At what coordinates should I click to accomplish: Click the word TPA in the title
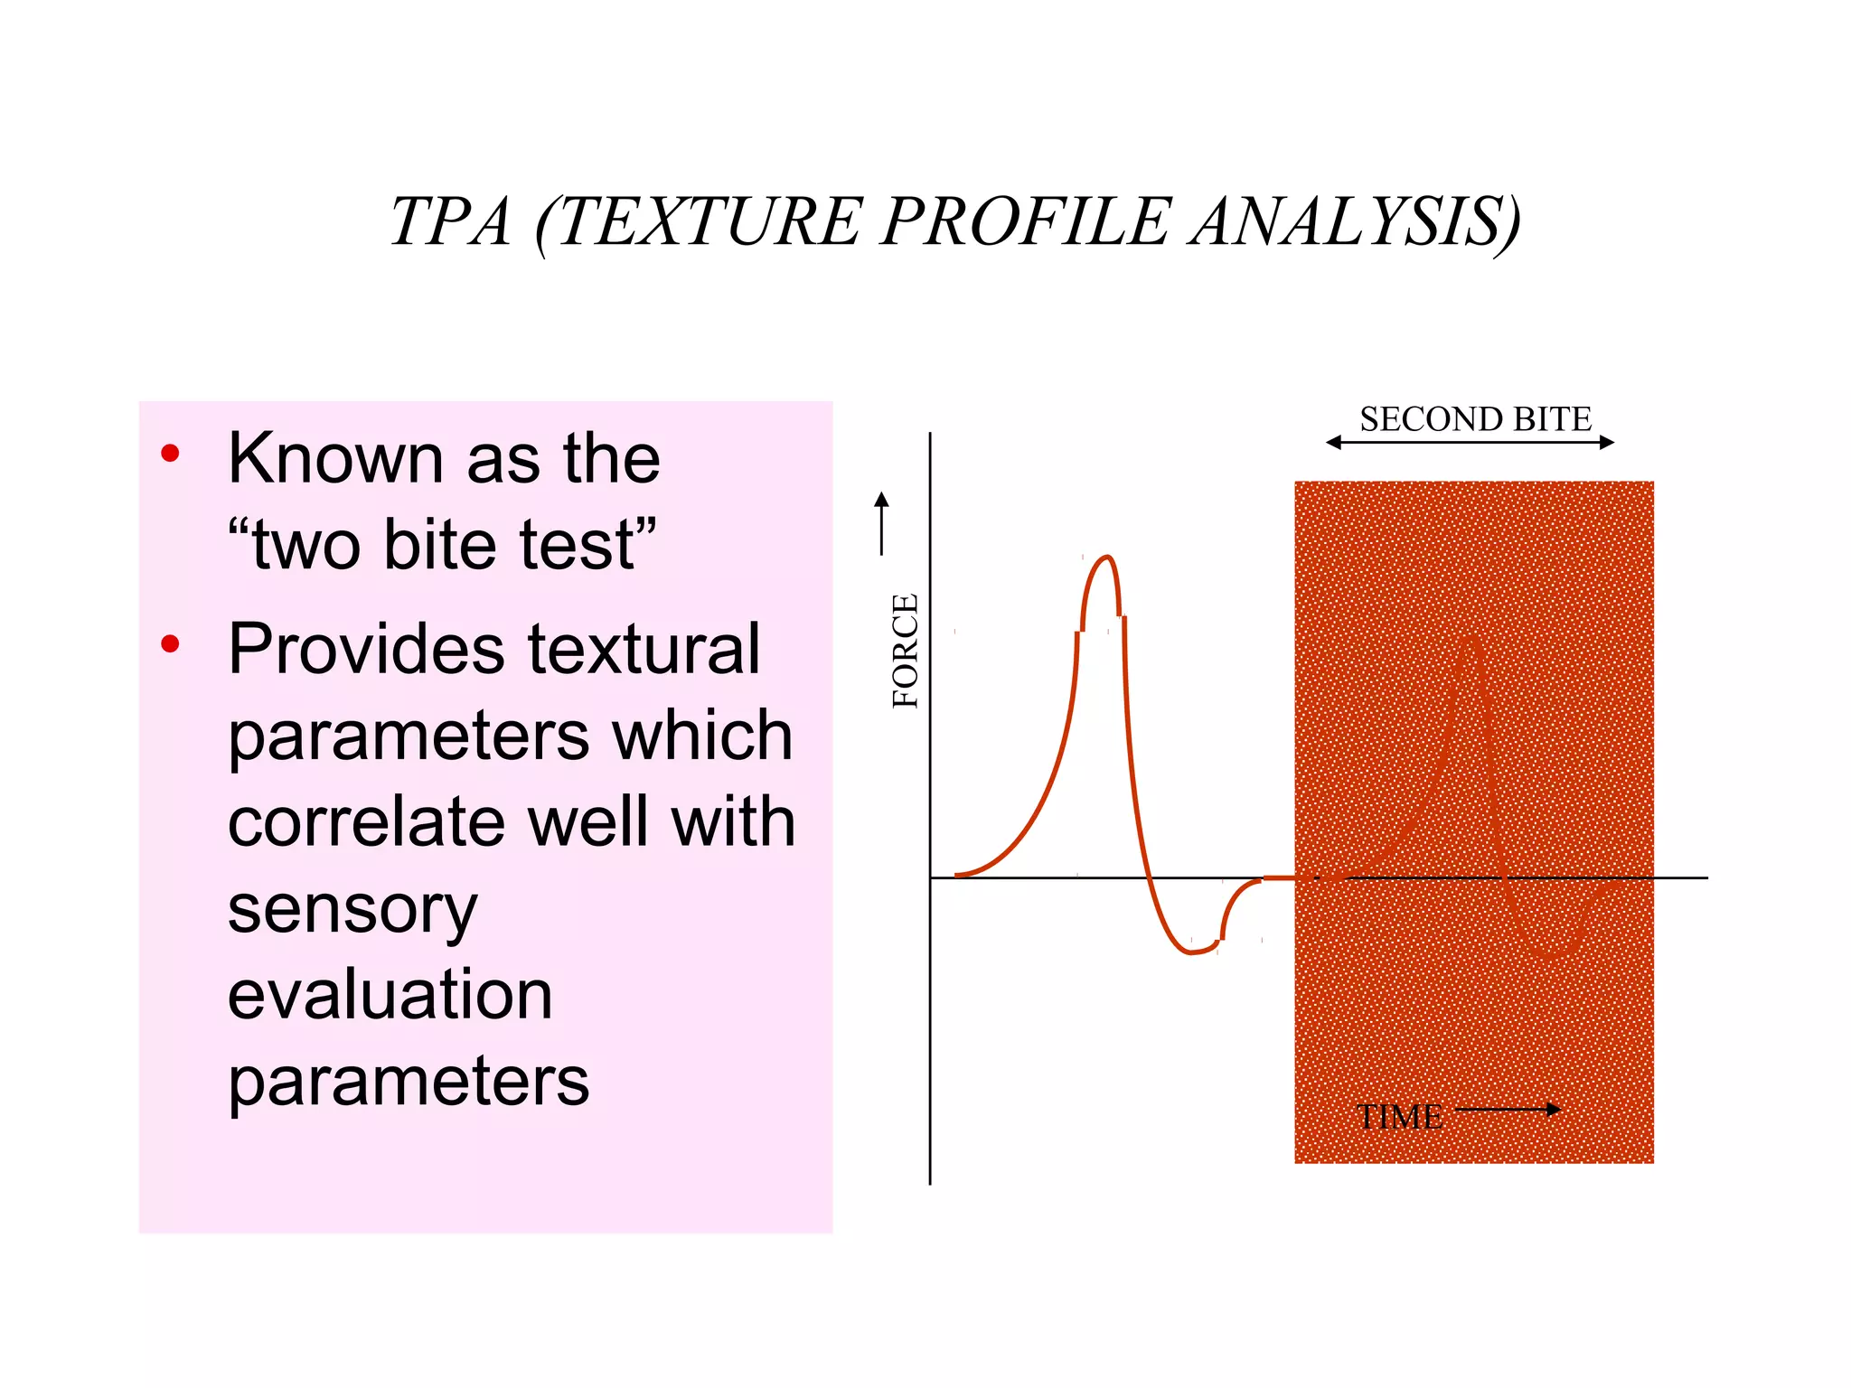click(x=450, y=222)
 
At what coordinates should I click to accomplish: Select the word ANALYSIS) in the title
click(x=1356, y=222)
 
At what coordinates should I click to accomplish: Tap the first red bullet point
click(x=170, y=454)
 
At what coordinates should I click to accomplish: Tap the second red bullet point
click(x=170, y=644)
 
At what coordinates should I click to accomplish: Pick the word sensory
click(x=352, y=909)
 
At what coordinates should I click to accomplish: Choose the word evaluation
click(x=390, y=995)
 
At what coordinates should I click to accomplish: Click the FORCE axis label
click(x=905, y=651)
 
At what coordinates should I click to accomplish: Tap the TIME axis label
click(x=1399, y=1118)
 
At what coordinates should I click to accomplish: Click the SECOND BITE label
click(x=1475, y=419)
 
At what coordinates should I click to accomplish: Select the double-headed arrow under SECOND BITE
click(x=1470, y=442)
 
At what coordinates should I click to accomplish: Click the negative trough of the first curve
click(x=1191, y=952)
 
